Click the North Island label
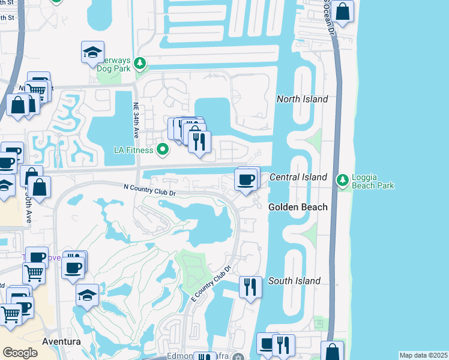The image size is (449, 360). click(x=302, y=99)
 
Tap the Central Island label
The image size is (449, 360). click(x=298, y=177)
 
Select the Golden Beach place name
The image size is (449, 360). click(x=298, y=207)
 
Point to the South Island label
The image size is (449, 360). click(x=294, y=281)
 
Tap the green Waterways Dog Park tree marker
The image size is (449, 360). click(x=140, y=62)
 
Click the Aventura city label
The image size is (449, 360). click(x=62, y=341)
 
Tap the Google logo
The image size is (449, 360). click(x=20, y=352)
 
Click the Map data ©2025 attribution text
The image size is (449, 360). click(x=423, y=355)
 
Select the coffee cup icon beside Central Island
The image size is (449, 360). click(x=245, y=179)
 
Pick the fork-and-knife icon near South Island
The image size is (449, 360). click(x=250, y=286)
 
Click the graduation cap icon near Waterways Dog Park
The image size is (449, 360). click(x=92, y=53)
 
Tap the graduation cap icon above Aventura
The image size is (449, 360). click(x=87, y=295)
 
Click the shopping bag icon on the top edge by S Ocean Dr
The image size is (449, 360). click(x=342, y=11)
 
